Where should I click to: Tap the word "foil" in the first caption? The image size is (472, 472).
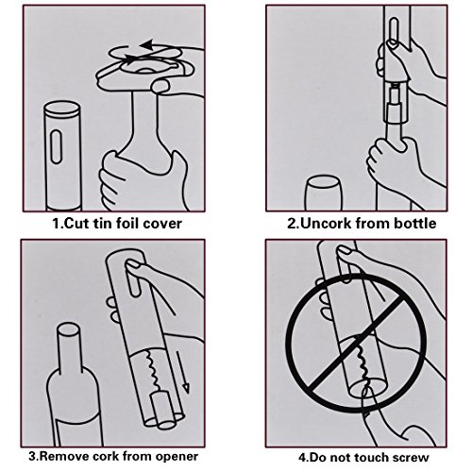128,223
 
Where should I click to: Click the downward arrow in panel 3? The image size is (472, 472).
183,372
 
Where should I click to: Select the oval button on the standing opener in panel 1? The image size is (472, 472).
56,146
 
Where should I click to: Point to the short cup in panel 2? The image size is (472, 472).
324,193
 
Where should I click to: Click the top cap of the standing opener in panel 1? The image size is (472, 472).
62,109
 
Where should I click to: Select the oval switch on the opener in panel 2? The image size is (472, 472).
394,32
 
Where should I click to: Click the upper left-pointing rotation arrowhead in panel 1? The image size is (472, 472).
146,45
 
